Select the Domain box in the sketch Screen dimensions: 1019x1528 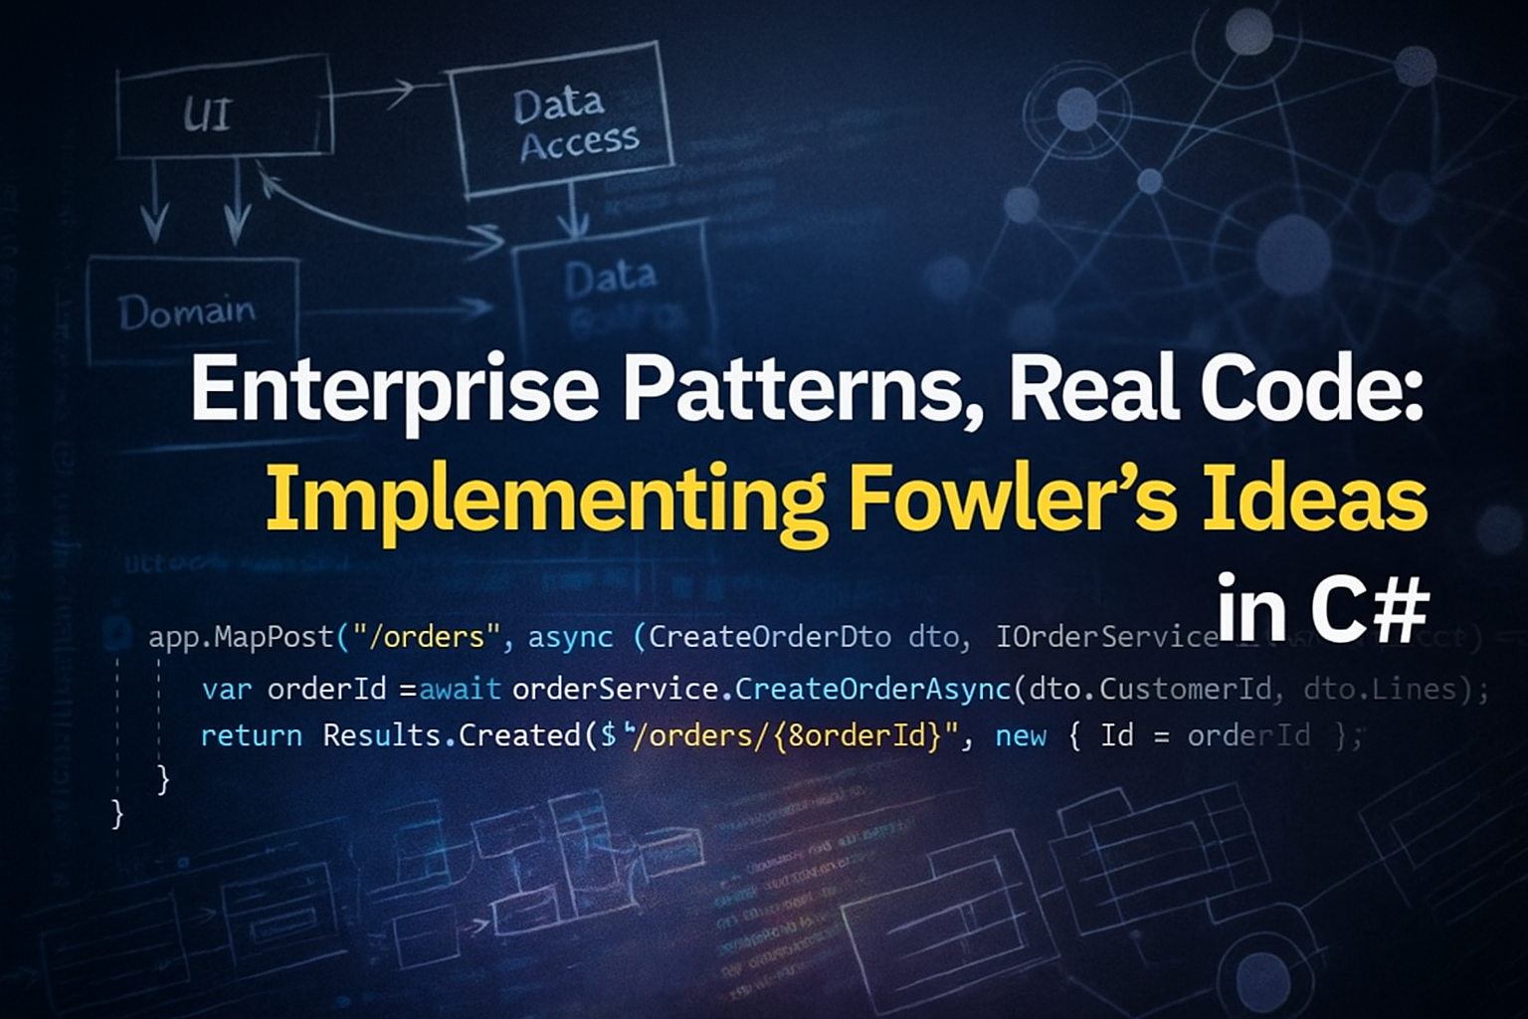click(187, 311)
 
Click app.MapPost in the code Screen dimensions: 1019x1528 click(242, 637)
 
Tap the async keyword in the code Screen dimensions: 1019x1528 click(570, 637)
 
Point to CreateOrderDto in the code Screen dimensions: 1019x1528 click(769, 637)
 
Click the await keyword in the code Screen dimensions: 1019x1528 click(460, 689)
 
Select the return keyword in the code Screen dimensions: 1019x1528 click(251, 736)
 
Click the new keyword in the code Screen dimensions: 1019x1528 click(1021, 736)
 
